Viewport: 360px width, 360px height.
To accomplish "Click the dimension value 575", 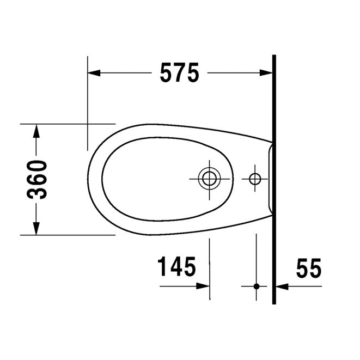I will [x=179, y=73].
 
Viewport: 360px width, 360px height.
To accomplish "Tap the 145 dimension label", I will [x=176, y=267].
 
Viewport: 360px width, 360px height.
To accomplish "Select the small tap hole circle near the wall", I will [x=255, y=178].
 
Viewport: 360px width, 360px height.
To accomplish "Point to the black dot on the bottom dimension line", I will [x=256, y=285].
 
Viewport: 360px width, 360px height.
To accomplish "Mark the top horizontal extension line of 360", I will [x=65, y=124].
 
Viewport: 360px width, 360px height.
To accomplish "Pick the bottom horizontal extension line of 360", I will [x=65, y=235].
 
